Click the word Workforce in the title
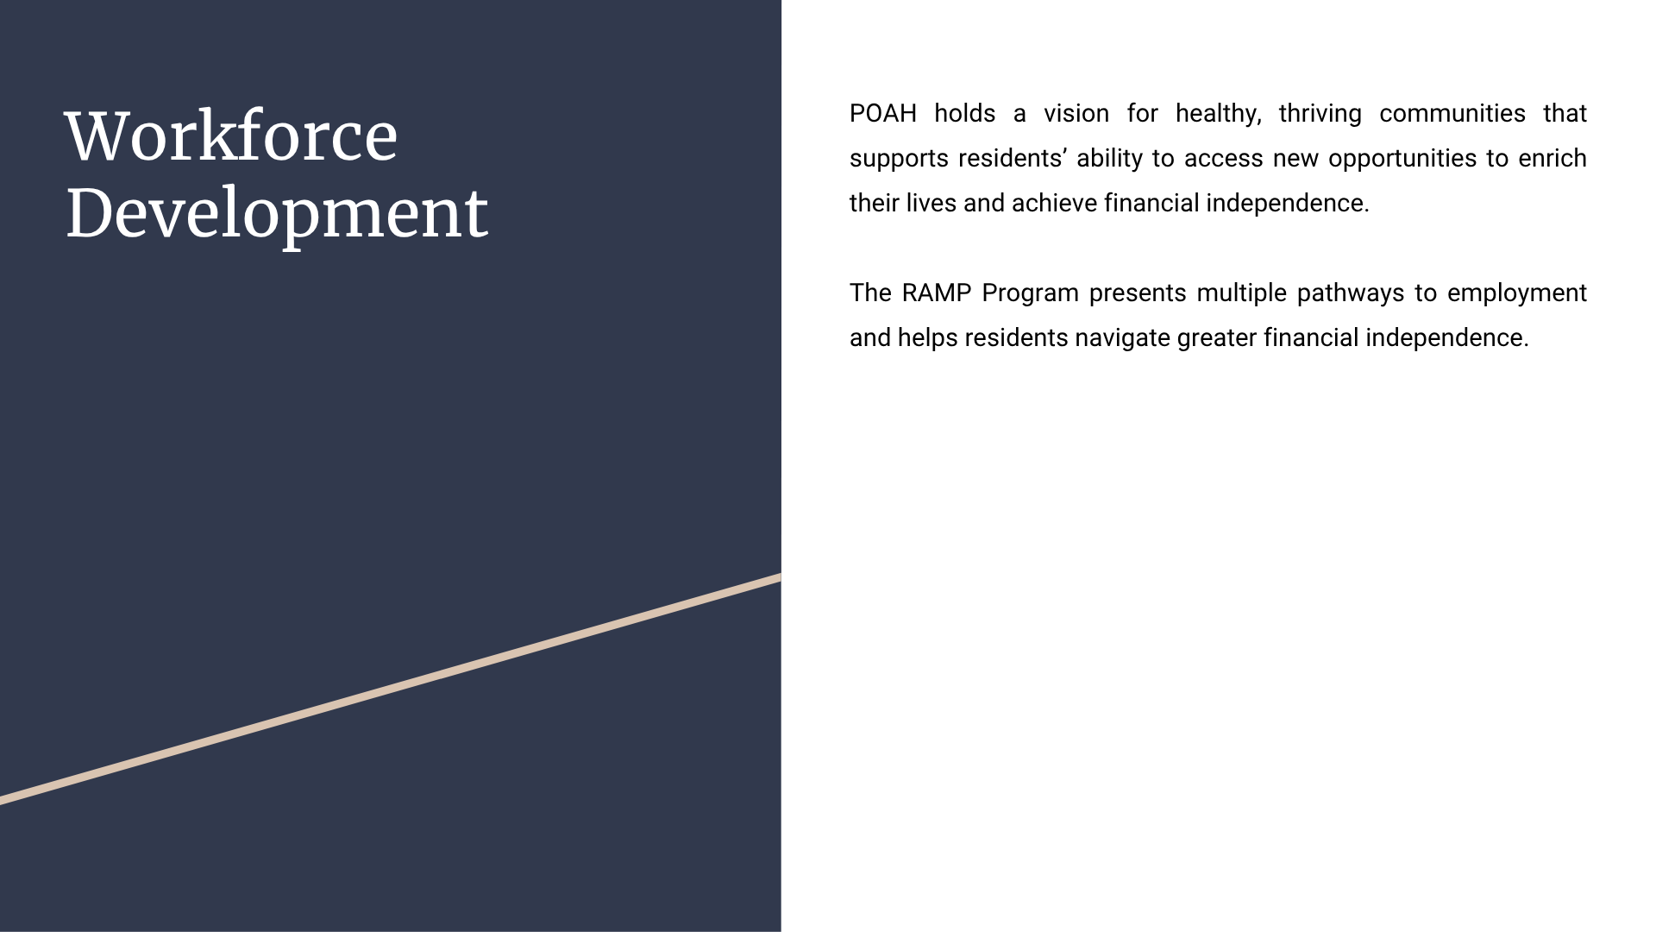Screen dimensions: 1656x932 [x=231, y=136]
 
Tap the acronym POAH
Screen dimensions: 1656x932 [x=883, y=114]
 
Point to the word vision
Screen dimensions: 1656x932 [x=1076, y=114]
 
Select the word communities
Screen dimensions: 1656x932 [x=1452, y=114]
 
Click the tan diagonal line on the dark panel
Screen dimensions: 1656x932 [x=391, y=689]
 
